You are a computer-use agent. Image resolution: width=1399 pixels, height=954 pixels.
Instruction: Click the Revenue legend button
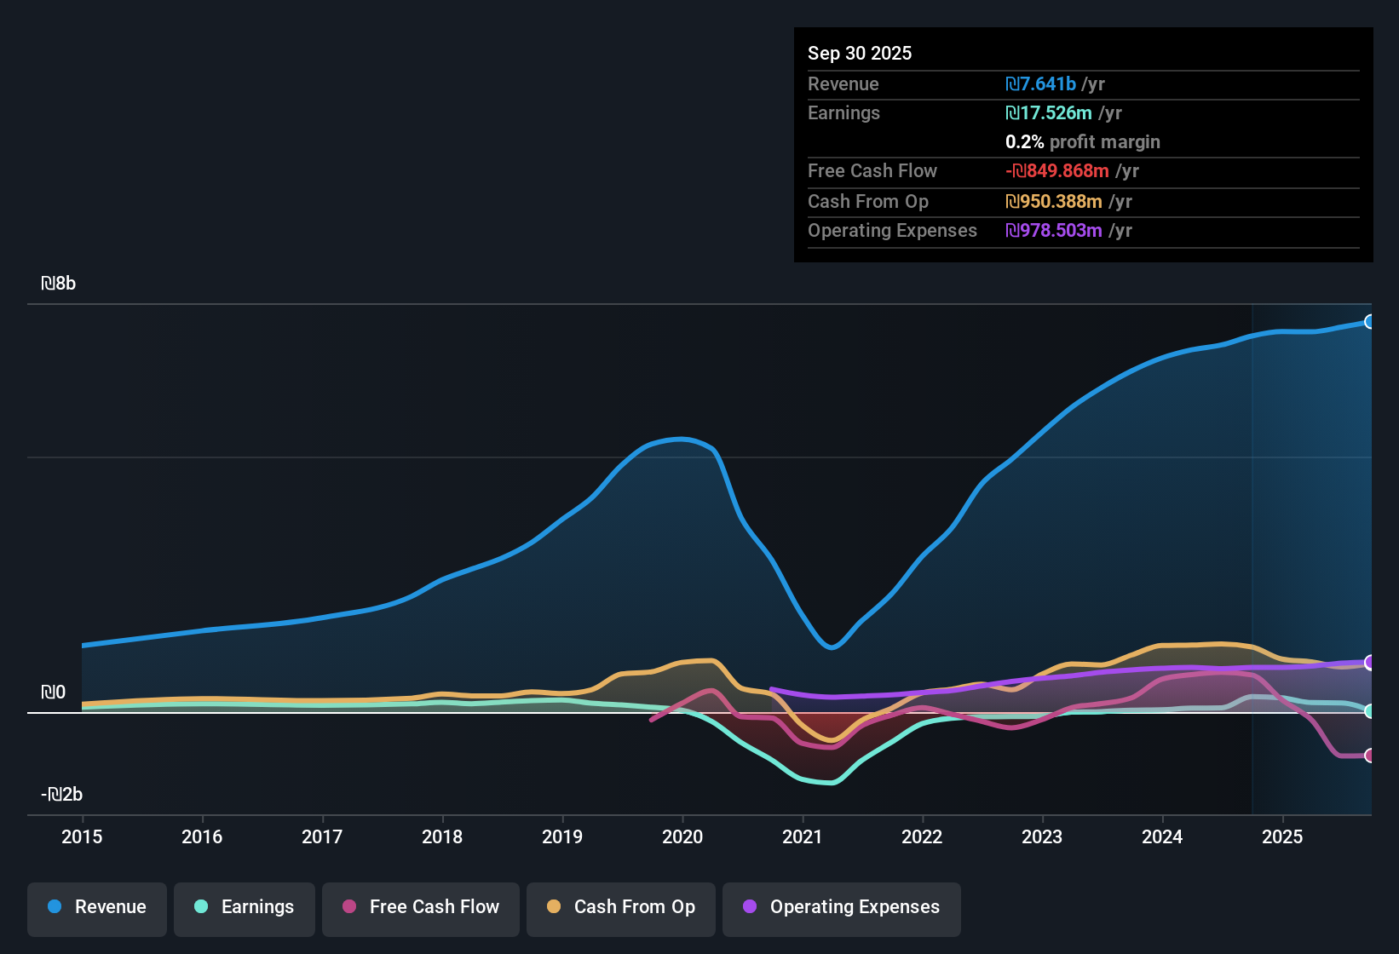(x=97, y=907)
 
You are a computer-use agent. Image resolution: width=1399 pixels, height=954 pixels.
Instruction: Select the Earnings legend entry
(x=245, y=907)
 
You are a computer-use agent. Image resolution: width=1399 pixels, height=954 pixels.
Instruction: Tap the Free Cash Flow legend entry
(x=421, y=907)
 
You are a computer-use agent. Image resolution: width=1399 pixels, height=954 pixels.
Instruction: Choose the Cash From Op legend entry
(x=621, y=907)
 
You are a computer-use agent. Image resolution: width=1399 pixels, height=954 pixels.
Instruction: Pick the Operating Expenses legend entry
(x=842, y=907)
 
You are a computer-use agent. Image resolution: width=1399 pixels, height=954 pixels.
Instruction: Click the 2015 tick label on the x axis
(x=82, y=837)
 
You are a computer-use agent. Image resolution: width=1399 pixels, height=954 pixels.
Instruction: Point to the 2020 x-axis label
(x=682, y=837)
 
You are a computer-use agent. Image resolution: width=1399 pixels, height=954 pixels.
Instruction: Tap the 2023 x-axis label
(x=1042, y=837)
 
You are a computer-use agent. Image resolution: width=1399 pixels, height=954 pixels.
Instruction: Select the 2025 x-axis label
(x=1282, y=837)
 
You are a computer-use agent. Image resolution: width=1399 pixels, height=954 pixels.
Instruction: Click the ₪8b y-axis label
(x=59, y=284)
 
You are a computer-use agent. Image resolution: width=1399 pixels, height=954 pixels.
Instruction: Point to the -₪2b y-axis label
(x=62, y=795)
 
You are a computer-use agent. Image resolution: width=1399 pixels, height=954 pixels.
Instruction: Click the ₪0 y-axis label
(x=54, y=693)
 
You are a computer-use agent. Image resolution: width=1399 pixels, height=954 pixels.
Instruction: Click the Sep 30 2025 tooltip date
(x=860, y=54)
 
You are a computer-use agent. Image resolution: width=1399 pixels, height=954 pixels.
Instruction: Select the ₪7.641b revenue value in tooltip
(x=1041, y=84)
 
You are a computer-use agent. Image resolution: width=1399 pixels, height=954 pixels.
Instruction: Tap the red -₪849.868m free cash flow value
(x=1057, y=171)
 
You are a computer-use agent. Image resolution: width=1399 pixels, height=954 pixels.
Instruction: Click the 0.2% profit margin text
(x=1083, y=142)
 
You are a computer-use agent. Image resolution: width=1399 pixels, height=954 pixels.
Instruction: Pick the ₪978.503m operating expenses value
(x=1054, y=231)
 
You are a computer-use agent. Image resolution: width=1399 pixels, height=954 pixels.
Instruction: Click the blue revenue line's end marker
(x=1369, y=322)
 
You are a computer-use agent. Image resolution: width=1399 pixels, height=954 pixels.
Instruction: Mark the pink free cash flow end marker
(x=1369, y=756)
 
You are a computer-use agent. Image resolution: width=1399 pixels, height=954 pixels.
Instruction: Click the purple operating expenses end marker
(x=1369, y=663)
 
